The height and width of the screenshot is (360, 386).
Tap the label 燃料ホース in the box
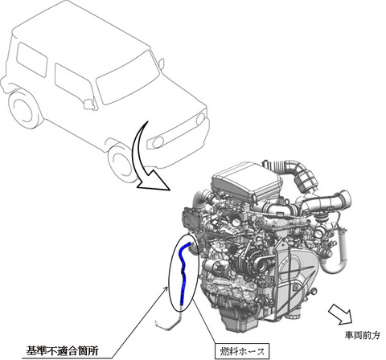(x=242, y=351)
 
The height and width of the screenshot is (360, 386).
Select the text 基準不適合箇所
(x=62, y=350)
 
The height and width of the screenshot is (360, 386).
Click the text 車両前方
(x=362, y=335)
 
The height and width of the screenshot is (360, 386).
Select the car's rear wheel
(x=23, y=111)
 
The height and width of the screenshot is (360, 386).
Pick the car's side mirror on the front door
(x=89, y=104)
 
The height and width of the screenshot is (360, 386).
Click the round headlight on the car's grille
(x=200, y=119)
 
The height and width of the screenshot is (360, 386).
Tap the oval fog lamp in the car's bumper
(x=158, y=142)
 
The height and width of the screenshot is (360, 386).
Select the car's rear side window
(x=31, y=59)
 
